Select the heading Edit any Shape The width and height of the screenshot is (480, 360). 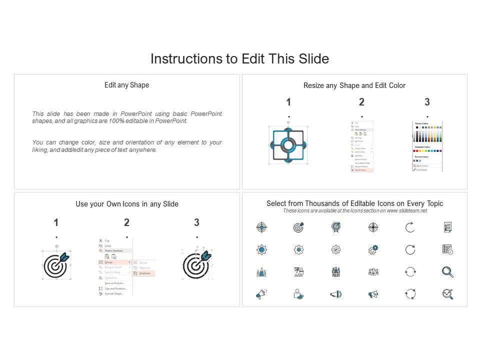(x=126, y=85)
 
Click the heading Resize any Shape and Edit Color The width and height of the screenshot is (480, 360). (x=354, y=85)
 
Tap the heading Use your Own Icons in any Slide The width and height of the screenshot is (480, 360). (x=126, y=204)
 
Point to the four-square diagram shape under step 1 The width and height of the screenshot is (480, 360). (x=287, y=145)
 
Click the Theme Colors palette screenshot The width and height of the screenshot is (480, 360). (x=427, y=146)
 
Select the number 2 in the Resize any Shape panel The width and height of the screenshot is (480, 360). (x=361, y=102)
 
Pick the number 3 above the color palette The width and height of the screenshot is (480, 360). (x=427, y=102)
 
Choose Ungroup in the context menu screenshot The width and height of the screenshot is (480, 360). (x=145, y=273)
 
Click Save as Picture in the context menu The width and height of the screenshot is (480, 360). (x=114, y=283)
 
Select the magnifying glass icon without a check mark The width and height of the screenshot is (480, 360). (x=447, y=271)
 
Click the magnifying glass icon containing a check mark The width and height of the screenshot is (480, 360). (x=447, y=294)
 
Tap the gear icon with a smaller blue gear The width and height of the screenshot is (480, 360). (x=373, y=249)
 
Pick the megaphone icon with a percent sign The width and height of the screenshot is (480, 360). (x=373, y=294)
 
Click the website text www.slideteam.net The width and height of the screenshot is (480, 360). (x=406, y=210)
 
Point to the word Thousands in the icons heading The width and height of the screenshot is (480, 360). (x=330, y=203)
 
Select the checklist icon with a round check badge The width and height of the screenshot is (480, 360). (x=447, y=249)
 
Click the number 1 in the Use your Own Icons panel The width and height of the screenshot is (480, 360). (x=56, y=222)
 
